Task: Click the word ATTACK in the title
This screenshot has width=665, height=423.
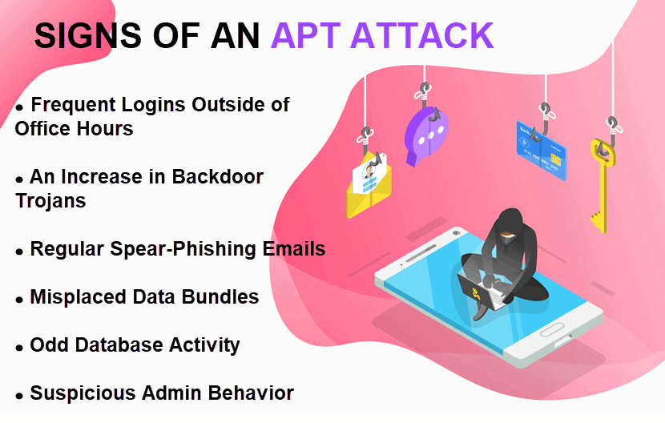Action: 422,35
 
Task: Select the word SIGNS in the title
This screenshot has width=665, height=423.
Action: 88,35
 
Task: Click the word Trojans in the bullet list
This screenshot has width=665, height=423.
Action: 51,200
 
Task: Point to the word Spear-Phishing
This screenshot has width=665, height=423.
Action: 183,249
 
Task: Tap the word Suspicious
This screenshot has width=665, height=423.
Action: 83,393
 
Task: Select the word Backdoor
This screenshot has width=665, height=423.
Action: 218,176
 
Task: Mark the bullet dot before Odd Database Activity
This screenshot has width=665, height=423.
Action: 19,348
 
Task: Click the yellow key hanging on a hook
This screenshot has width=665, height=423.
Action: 603,185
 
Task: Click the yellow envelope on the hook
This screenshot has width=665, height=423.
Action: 369,186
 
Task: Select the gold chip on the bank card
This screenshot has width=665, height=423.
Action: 555,159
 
